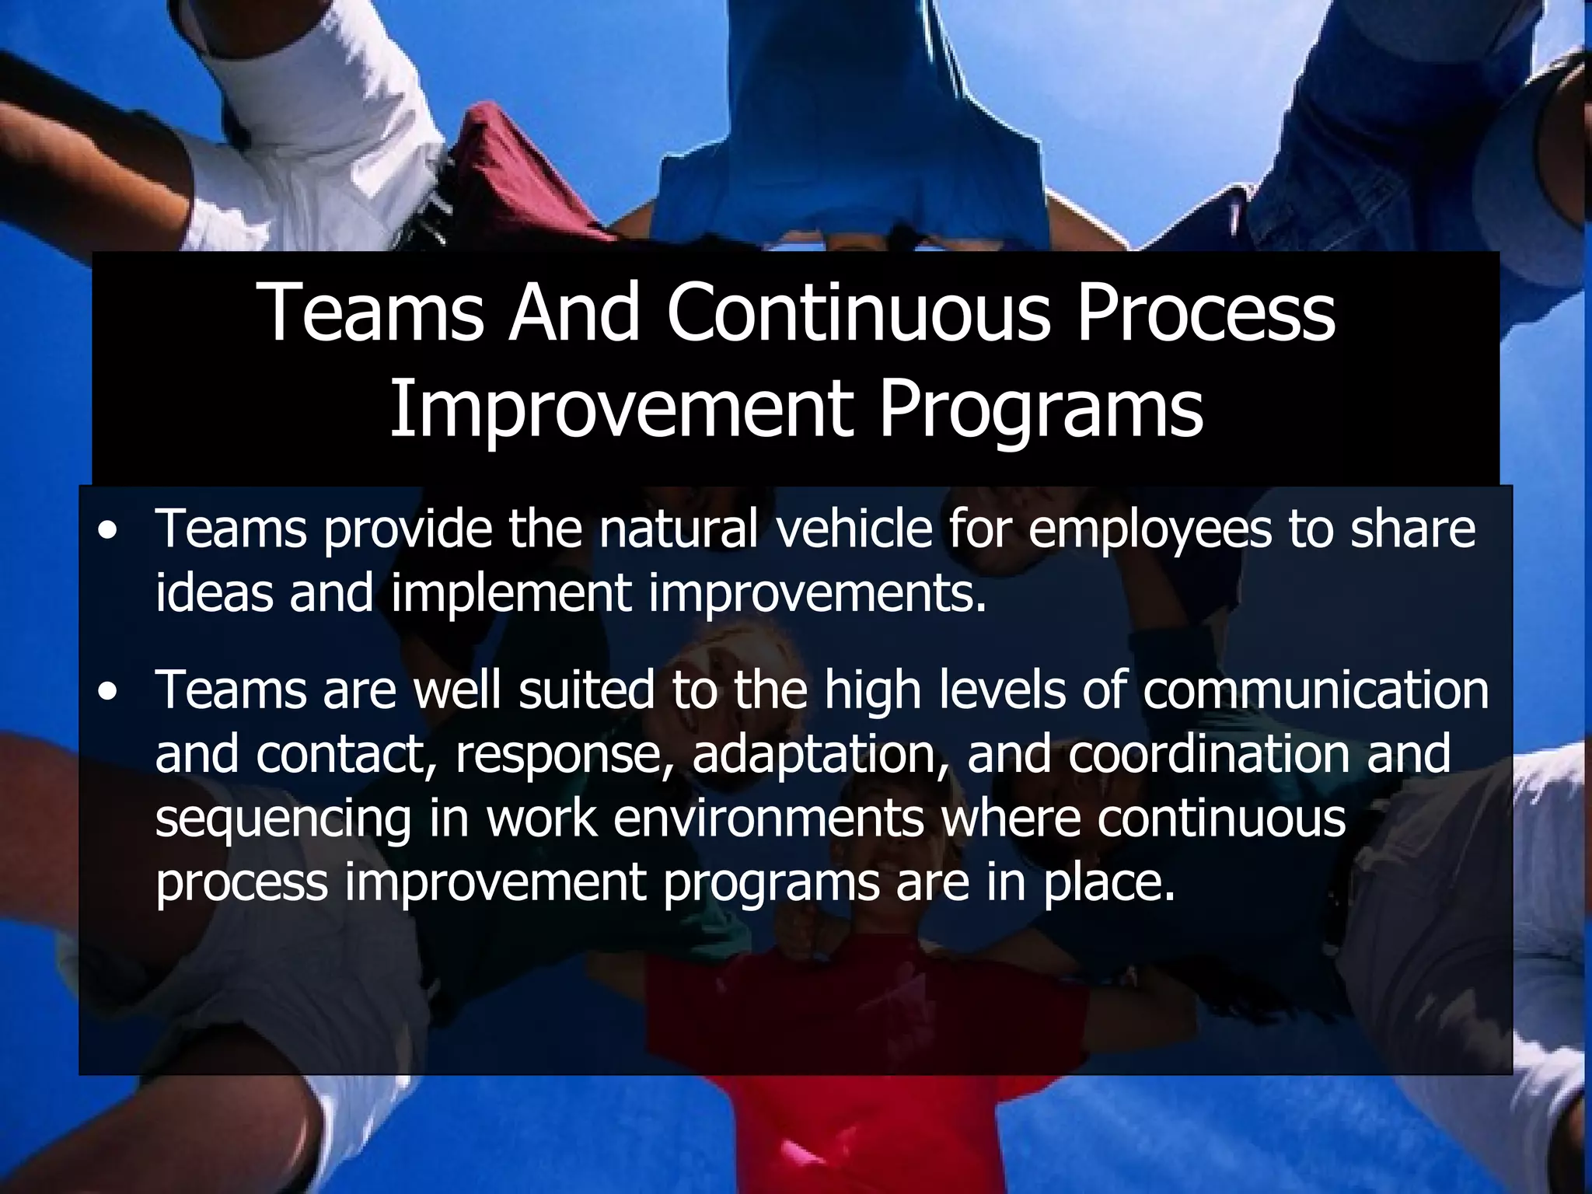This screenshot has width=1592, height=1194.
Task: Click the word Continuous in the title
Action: [x=858, y=312]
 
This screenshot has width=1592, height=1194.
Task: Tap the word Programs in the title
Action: [x=1041, y=410]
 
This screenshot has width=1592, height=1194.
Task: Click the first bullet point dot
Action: [x=109, y=532]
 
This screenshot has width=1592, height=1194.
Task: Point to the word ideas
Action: [x=215, y=593]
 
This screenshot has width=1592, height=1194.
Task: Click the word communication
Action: [x=1315, y=690]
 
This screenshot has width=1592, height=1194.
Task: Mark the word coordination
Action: [x=1209, y=754]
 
